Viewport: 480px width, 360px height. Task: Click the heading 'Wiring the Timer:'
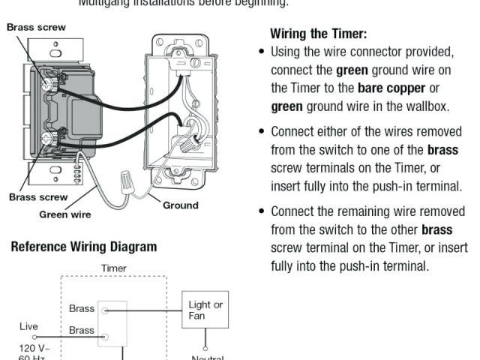point(318,34)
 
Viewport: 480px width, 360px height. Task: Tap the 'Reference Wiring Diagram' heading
point(83,247)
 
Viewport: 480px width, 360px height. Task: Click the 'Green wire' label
point(65,214)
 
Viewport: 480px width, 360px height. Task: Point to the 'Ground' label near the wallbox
point(181,205)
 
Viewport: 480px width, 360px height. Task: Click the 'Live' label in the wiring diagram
point(29,327)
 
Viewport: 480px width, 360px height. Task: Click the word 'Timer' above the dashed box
point(113,268)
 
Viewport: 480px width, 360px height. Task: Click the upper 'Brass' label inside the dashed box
point(82,308)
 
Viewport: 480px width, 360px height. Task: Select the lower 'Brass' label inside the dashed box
point(82,330)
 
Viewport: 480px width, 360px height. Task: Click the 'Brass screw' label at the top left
point(36,27)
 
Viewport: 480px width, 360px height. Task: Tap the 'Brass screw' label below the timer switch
point(38,197)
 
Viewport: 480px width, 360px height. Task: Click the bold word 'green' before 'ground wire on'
point(352,70)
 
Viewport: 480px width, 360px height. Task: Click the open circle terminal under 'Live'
point(34,337)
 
